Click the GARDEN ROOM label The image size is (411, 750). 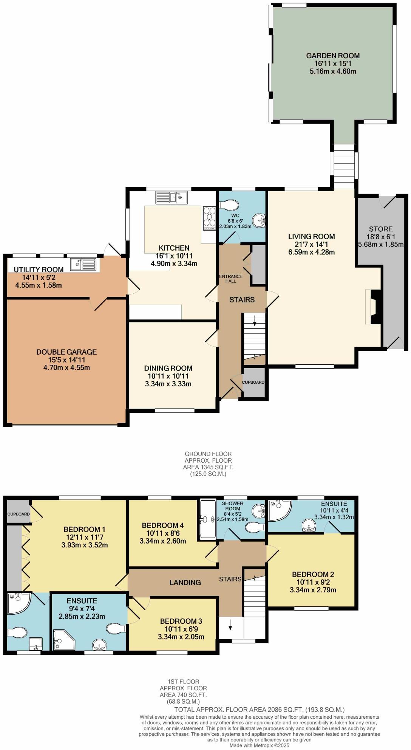333,56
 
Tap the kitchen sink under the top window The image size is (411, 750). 172,197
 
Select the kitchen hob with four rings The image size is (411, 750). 209,218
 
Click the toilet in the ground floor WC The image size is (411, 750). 229,205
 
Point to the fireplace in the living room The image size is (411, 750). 375,307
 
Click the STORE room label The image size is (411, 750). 381,229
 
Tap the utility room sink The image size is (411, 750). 83,264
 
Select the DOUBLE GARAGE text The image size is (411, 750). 66,352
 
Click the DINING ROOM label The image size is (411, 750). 168,368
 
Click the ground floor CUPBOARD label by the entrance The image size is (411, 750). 253,382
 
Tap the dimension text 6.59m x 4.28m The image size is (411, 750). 312,252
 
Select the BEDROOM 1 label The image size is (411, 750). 84,530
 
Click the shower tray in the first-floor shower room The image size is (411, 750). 207,519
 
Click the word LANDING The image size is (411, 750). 185,583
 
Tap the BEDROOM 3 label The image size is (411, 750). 181,621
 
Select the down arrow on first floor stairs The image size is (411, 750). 230,626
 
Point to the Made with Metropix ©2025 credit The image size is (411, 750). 259,745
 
